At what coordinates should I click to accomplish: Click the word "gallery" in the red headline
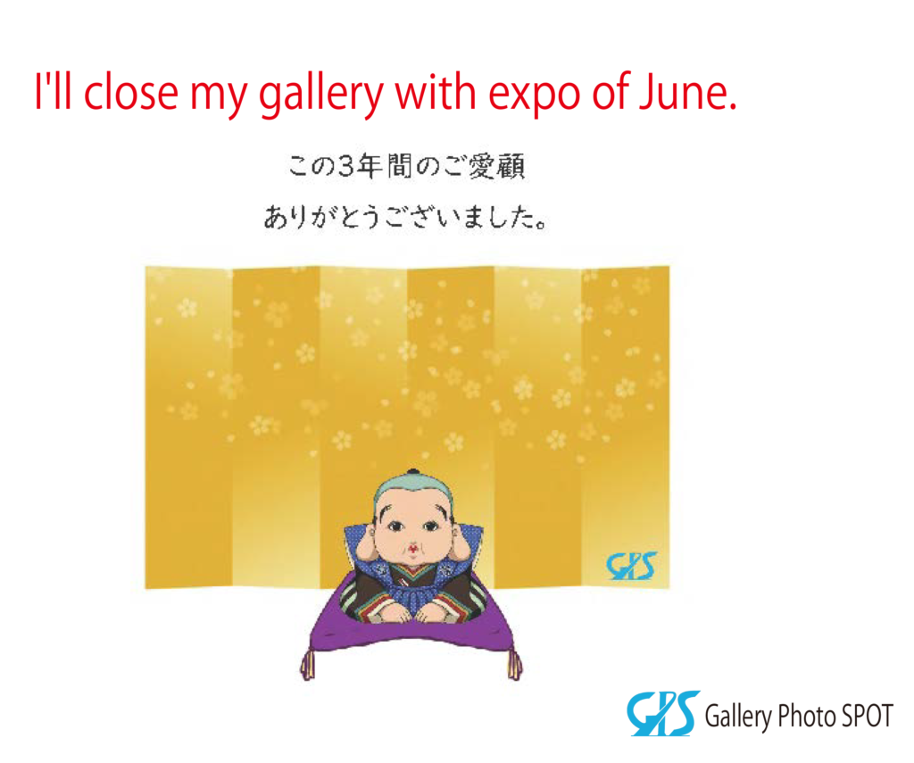(x=320, y=95)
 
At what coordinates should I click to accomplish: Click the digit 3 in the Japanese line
(x=346, y=167)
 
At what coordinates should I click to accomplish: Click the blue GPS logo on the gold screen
(x=631, y=566)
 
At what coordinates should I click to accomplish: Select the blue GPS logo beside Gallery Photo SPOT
(x=663, y=713)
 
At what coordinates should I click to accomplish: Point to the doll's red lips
(x=412, y=549)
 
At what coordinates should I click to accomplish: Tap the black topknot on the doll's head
(x=413, y=473)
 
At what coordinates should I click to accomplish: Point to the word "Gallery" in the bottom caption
(x=738, y=717)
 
